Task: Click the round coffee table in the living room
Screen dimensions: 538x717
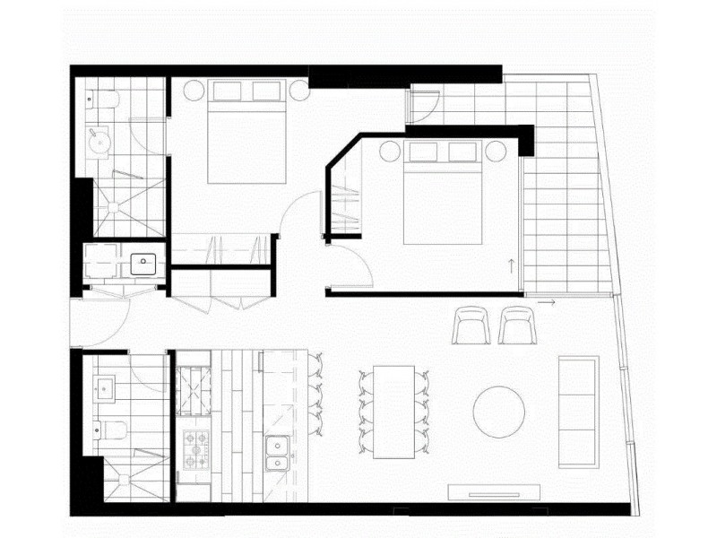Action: [499, 412]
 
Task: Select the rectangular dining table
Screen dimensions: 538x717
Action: [393, 412]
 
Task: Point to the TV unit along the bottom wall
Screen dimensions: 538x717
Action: [496, 490]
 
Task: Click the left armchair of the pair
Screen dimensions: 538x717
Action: [471, 325]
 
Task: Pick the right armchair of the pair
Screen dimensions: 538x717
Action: [517, 325]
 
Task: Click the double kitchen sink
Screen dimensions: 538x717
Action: [277, 453]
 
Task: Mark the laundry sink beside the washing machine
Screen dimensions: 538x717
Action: [144, 264]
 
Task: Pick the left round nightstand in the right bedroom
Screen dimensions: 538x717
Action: [389, 151]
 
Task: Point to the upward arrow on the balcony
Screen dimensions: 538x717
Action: [510, 265]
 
